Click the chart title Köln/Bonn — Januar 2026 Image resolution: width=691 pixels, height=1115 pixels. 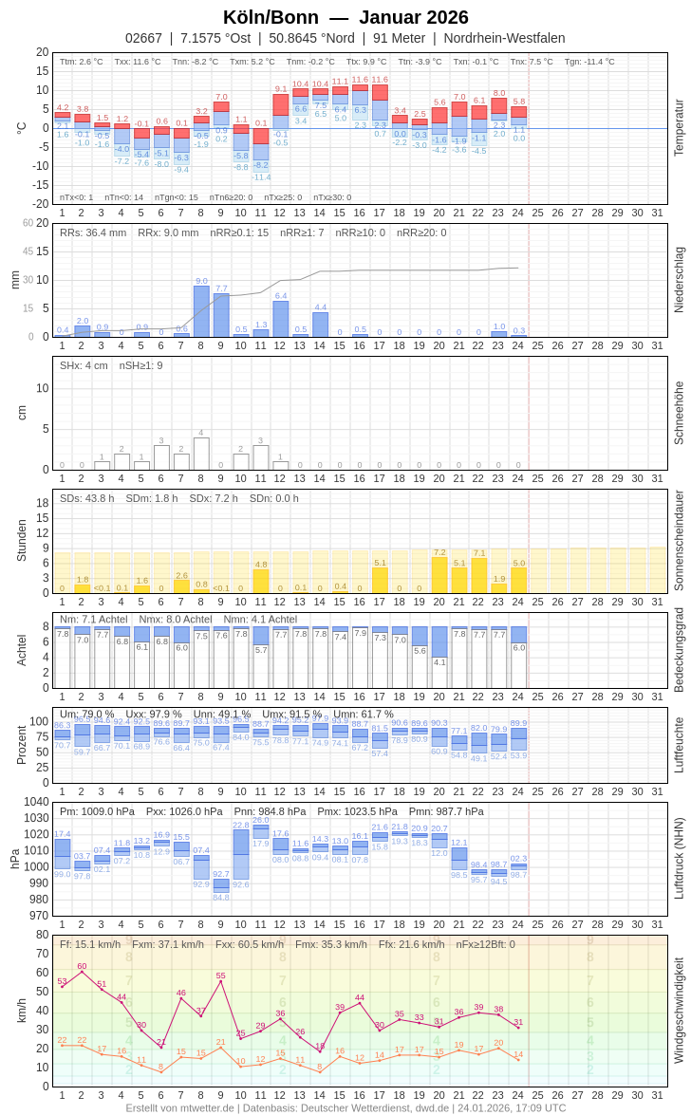pyautogui.click(x=345, y=17)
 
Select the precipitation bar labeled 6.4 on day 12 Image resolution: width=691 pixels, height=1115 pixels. pyautogui.click(x=281, y=319)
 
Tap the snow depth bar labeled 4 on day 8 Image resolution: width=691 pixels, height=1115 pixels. pyautogui.click(x=201, y=454)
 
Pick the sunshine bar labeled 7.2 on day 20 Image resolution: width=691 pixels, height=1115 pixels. pyautogui.click(x=439, y=575)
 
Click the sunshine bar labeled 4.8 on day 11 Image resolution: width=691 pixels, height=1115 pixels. pyautogui.click(x=261, y=581)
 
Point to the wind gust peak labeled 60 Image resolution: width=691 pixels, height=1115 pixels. pyautogui.click(x=82, y=972)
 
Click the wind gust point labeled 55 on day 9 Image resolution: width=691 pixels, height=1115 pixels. pyautogui.click(x=221, y=981)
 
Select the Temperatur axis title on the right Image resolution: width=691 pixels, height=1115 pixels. pyautogui.click(x=679, y=128)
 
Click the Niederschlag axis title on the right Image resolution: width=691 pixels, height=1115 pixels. pyautogui.click(x=679, y=280)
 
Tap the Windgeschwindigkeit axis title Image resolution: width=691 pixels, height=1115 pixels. pyautogui.click(x=679, y=1011)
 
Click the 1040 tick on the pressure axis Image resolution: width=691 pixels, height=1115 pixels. pyautogui.click(x=37, y=802)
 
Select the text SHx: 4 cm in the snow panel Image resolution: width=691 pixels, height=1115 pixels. pyautogui.click(x=84, y=365)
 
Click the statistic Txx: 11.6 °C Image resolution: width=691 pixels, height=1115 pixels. pyautogui.click(x=138, y=62)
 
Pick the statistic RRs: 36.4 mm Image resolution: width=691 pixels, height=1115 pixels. pyautogui.click(x=93, y=232)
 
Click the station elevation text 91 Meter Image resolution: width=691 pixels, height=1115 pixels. pyautogui.click(x=400, y=38)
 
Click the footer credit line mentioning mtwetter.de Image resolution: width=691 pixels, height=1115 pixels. pyautogui.click(x=345, y=1107)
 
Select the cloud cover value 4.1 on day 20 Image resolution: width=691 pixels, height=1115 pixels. pyautogui.click(x=439, y=662)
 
